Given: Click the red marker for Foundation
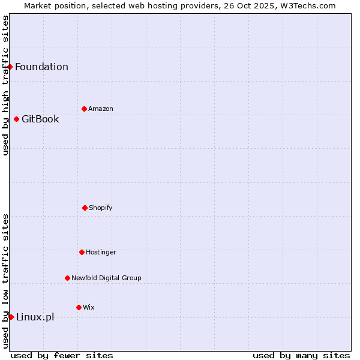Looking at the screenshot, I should coord(10,67).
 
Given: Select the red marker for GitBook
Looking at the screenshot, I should coord(16,119).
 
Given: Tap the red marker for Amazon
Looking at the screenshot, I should coord(84,109).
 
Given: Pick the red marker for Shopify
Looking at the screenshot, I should coord(85,208).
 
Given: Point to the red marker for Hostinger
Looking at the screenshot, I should coord(82,252).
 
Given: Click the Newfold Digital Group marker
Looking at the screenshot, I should coord(67,278).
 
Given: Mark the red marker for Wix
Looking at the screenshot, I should coord(79,307).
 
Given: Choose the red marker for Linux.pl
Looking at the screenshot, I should coord(11,317).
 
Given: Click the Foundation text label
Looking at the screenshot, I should coord(41,67).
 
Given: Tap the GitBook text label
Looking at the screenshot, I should coord(40,119).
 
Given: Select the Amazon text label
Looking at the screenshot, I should coord(101,109).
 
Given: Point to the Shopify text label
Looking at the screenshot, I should coord(101,208).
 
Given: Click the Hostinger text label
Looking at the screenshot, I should coord(101,252).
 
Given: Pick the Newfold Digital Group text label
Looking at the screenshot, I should coord(106,278).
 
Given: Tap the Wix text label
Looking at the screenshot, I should coord(89,307).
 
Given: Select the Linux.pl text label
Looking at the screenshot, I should coord(35,317).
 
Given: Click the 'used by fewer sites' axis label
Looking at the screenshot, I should coord(62,355).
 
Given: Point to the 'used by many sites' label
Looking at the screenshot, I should coord(301,355).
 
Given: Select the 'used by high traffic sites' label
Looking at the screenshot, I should coord(5,85).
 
